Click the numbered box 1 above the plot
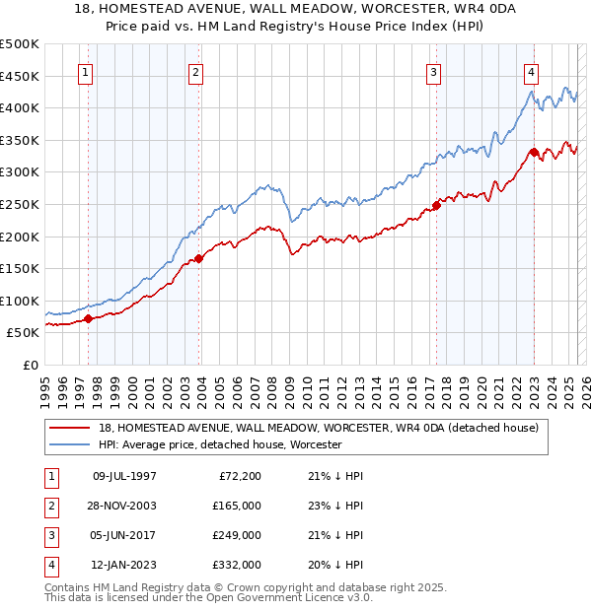click(x=85, y=71)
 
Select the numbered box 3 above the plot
click(x=433, y=71)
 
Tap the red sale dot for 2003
click(x=199, y=258)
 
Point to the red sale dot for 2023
click(x=534, y=152)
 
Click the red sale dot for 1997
click(x=88, y=318)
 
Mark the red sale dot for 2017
click(x=436, y=205)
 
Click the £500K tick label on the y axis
click(x=20, y=44)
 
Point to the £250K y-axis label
click(x=20, y=204)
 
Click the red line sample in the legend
click(x=70, y=428)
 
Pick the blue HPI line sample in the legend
click(x=70, y=445)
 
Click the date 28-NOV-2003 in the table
click(x=123, y=506)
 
